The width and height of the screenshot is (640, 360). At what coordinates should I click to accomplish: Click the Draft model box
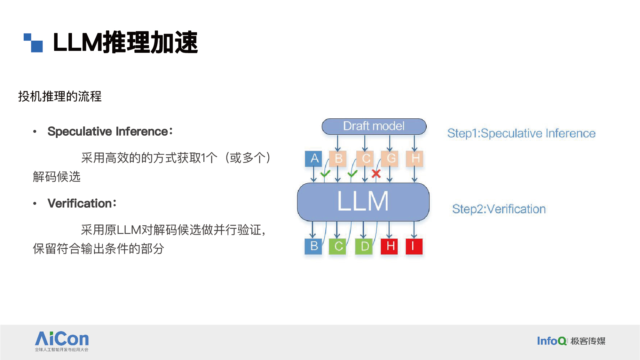[374, 126]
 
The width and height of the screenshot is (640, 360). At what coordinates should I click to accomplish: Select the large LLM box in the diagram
[363, 202]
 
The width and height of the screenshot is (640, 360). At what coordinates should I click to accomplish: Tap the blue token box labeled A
[313, 159]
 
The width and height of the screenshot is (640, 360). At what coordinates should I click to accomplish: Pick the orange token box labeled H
[415, 159]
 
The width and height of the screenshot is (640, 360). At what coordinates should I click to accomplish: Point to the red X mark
[376, 174]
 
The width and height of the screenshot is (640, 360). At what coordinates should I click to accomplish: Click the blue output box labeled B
[313, 246]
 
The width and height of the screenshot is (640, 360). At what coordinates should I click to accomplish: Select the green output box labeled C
[338, 246]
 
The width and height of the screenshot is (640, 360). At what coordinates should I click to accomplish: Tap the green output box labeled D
[364, 246]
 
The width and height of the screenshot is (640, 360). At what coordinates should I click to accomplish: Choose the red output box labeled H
[390, 246]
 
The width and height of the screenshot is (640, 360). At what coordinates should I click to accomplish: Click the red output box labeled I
[414, 246]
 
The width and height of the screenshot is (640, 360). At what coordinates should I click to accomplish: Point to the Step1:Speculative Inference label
[521, 133]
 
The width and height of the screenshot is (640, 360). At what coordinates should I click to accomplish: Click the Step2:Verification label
[499, 209]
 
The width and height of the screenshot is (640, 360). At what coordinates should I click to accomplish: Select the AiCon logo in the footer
[62, 341]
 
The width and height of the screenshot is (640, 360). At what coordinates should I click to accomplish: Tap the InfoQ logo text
[551, 341]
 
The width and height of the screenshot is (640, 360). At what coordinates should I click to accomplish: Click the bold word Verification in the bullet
[80, 204]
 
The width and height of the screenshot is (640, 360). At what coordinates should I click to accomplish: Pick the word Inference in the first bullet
[142, 132]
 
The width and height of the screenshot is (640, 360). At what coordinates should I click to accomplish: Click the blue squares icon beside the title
[33, 43]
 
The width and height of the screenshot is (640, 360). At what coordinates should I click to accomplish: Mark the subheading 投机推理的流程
[60, 96]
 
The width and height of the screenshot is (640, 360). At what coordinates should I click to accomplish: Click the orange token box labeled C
[365, 159]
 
